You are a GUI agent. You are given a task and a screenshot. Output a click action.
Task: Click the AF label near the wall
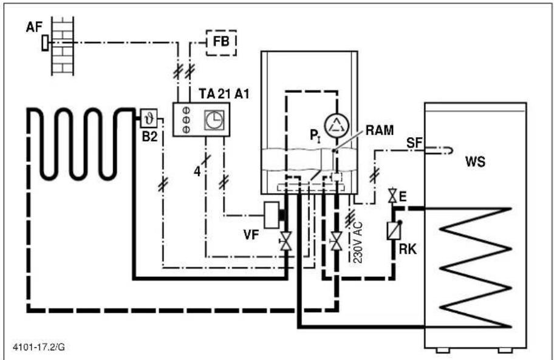[34, 27]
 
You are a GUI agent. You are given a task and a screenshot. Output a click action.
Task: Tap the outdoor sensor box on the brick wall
[45, 42]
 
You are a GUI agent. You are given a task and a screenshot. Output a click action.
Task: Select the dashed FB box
[221, 42]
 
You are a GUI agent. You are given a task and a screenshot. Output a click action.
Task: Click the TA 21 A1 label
[224, 94]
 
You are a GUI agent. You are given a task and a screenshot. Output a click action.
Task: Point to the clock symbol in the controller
[214, 120]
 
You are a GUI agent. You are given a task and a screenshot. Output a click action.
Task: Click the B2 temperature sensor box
[149, 118]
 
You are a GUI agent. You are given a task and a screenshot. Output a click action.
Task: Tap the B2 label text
[149, 137]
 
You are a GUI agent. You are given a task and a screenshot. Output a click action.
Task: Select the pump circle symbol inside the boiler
[337, 126]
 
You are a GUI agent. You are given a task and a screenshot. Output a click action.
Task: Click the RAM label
[380, 131]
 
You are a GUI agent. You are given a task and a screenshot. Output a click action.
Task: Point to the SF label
[414, 143]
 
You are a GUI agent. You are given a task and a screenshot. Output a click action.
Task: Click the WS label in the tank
[475, 161]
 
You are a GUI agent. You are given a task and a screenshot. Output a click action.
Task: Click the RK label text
[408, 249]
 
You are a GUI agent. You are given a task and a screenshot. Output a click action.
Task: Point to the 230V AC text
[358, 242]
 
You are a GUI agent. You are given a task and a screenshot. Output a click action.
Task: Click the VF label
[251, 235]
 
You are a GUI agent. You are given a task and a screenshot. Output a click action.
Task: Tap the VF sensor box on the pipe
[272, 215]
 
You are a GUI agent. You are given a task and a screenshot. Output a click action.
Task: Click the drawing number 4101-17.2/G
[39, 347]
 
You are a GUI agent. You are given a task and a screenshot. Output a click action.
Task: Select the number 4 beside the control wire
[197, 172]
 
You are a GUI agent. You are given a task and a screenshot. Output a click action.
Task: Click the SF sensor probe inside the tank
[439, 151]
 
